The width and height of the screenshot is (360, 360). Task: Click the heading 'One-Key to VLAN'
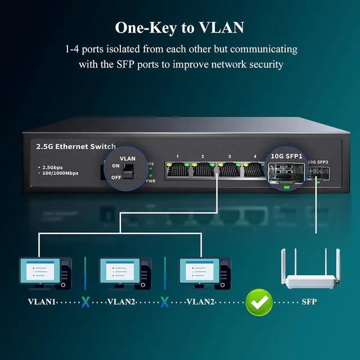click(179, 27)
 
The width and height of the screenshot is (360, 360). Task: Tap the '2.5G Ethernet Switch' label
click(75, 146)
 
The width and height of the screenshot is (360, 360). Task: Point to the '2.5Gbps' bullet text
click(53, 167)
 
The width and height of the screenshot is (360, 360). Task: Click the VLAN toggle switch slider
click(130, 170)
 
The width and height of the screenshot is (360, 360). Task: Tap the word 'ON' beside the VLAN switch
click(116, 166)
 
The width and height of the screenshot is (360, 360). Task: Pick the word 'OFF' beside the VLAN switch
click(116, 177)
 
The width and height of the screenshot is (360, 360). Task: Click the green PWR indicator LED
click(150, 175)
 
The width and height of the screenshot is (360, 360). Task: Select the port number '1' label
click(177, 156)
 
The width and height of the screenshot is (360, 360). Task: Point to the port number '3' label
click(229, 156)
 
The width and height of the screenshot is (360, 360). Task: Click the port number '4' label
click(255, 156)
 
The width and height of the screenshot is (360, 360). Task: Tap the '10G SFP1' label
click(287, 156)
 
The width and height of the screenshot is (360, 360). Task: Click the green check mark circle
click(259, 302)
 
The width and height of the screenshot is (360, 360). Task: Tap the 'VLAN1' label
click(42, 302)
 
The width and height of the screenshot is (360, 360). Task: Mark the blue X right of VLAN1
click(85, 302)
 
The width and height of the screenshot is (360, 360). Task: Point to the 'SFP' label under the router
click(309, 302)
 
